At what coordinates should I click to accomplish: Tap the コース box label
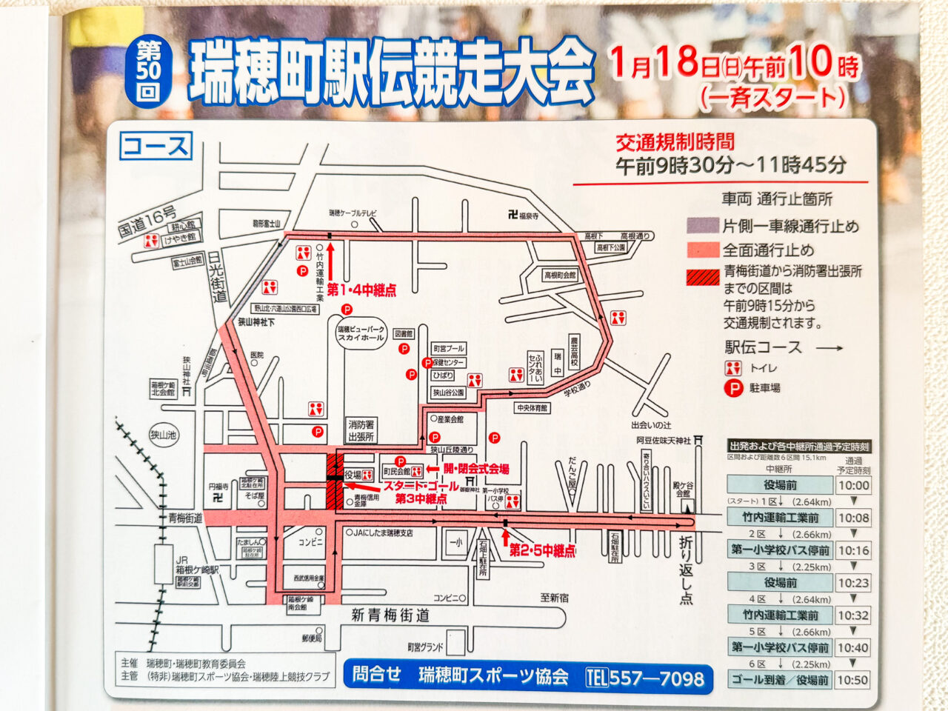[x=156, y=146]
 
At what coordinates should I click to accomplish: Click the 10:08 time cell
[x=853, y=518]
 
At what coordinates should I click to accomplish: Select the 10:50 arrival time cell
[x=853, y=680]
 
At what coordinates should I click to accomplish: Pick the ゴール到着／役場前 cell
[x=779, y=680]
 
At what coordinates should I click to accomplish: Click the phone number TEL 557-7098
[x=644, y=677]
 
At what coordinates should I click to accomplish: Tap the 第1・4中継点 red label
[x=361, y=290]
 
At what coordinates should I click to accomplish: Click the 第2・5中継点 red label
[x=542, y=551]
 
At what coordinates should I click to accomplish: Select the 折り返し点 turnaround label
[x=687, y=570]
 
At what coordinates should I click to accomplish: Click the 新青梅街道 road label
[x=390, y=615]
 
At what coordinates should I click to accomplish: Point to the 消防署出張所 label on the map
[x=361, y=430]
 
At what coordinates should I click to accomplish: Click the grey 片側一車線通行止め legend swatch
[x=702, y=225]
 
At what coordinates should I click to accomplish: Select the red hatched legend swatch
[x=702, y=277]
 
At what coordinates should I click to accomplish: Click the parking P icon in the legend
[x=733, y=387]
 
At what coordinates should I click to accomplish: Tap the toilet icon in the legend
[x=733, y=368]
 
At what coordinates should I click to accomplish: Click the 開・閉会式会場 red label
[x=475, y=469]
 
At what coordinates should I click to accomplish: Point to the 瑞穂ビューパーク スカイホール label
[x=361, y=333]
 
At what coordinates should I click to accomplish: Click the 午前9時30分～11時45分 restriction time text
[x=730, y=165]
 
